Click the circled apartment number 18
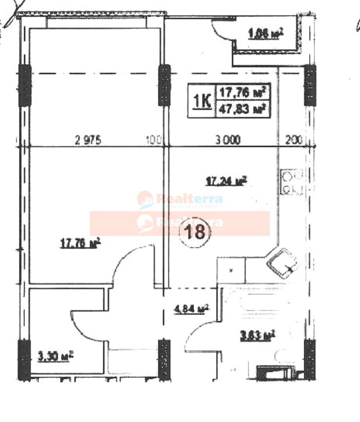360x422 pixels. click(x=195, y=232)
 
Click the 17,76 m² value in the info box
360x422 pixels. click(x=243, y=93)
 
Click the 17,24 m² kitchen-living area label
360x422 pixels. click(x=226, y=181)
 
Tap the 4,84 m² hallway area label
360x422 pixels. click(x=191, y=309)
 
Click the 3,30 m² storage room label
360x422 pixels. click(x=55, y=356)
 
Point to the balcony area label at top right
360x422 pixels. click(x=265, y=34)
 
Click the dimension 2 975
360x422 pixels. click(x=88, y=140)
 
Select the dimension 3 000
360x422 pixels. click(x=228, y=140)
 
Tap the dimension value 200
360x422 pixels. click(x=294, y=140)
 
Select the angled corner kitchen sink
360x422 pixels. click(x=282, y=263)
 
